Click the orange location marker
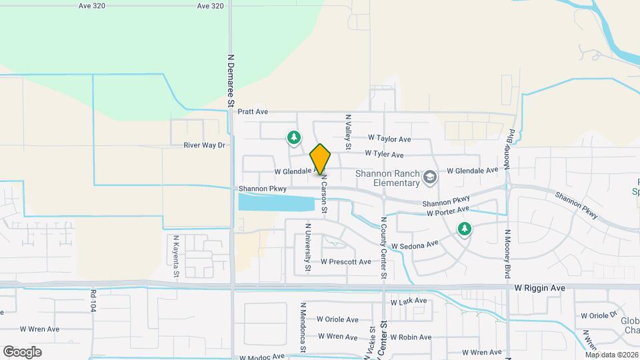321,159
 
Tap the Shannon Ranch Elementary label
387,178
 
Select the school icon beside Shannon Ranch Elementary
430,178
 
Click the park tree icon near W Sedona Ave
464,229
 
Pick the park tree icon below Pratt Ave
293,138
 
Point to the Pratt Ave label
253,112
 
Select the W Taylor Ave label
389,139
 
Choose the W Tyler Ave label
384,155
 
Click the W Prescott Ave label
345,262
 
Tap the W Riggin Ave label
539,288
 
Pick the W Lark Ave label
408,301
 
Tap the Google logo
22,352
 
